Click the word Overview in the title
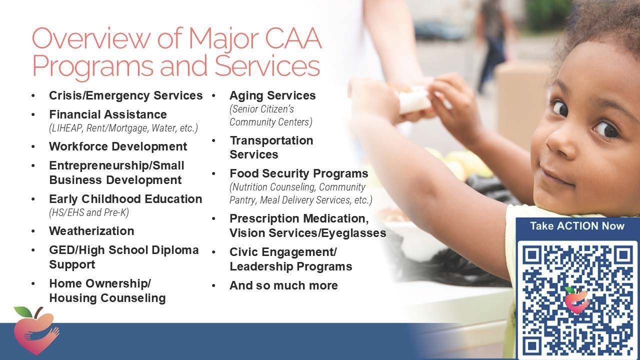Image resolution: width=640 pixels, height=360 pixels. coord(91,38)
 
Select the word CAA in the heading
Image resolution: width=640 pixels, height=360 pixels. coord(293,38)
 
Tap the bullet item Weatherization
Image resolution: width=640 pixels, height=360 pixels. coord(91,231)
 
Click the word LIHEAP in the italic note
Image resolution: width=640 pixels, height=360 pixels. coord(66,128)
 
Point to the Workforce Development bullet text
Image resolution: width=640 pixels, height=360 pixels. coord(118,146)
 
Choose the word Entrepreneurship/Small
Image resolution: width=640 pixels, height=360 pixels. coord(116,165)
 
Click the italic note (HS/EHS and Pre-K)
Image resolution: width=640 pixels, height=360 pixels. coord(89,212)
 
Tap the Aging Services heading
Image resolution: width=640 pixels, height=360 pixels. coord(272,95)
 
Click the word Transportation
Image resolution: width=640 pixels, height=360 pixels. coord(271,140)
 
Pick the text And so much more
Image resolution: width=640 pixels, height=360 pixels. coord(283,285)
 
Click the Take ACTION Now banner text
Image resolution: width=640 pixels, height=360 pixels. coord(577,226)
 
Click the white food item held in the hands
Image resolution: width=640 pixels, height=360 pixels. coord(413,99)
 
